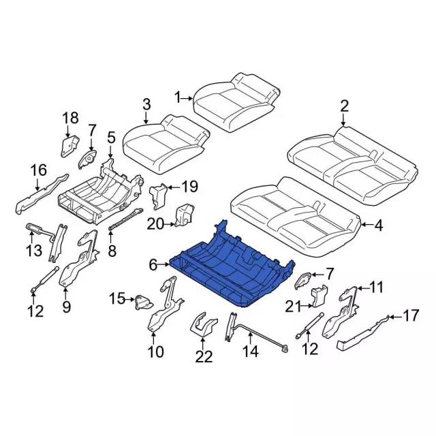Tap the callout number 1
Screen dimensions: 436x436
178,98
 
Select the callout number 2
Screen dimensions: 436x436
344,106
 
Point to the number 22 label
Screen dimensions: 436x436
204,357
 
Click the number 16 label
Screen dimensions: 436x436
38,170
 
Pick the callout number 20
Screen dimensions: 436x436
155,224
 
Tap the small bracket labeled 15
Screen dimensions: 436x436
144,302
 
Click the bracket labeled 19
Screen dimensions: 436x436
159,196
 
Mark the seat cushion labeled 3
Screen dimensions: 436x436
166,144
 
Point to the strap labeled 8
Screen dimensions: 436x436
125,219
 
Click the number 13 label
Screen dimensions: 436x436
34,250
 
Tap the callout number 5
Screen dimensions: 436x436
111,138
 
